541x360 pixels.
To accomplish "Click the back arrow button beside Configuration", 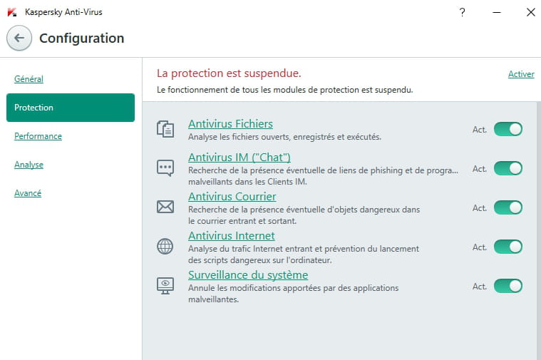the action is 19,38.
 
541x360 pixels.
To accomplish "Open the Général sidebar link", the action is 29,79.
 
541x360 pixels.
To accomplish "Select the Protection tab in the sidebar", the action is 71,108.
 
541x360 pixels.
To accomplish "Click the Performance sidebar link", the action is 38,136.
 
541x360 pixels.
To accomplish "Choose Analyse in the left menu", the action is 29,165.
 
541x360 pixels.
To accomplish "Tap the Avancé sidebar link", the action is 28,193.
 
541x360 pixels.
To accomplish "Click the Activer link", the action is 521,74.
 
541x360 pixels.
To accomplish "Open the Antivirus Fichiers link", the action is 230,123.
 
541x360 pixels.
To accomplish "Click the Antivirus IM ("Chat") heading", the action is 239,157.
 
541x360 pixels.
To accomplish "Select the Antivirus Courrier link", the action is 232,196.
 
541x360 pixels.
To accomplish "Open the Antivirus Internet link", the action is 232,236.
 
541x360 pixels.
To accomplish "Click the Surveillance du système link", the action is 248,274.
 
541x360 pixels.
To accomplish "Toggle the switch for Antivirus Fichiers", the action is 508,129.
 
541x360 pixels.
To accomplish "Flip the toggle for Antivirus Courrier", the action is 508,207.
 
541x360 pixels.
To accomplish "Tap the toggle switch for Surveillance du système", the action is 508,286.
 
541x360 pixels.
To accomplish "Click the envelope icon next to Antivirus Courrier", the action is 165,207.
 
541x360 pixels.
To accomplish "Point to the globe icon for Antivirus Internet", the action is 165,247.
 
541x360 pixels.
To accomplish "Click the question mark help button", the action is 463,12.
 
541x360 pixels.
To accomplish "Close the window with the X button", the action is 530,12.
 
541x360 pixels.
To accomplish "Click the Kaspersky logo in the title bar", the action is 12,12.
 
